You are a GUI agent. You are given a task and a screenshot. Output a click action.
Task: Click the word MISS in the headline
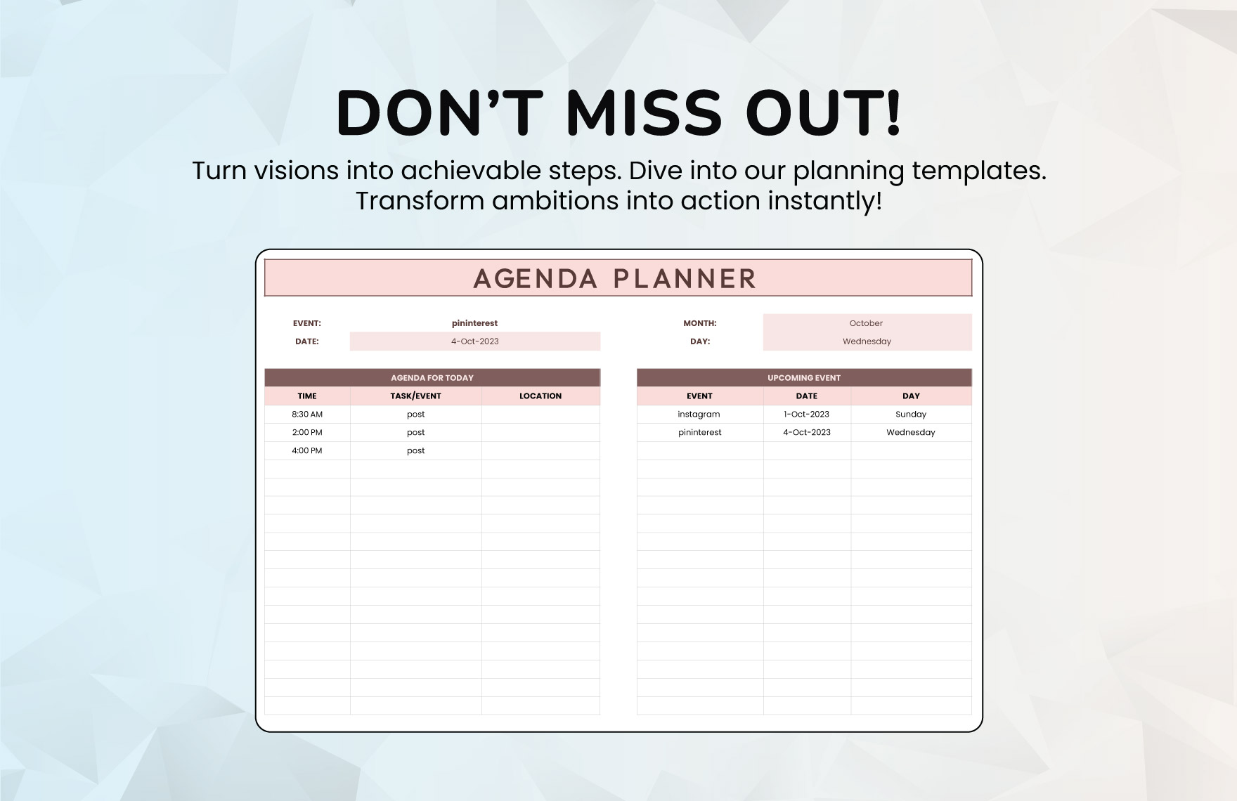coord(644,112)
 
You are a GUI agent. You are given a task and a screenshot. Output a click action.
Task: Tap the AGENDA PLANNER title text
coord(615,278)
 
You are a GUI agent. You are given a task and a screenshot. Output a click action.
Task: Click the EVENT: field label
coord(306,323)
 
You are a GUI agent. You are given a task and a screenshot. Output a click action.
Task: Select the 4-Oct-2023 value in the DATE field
coord(475,341)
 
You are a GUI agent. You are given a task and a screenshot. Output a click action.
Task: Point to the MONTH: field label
coord(700,323)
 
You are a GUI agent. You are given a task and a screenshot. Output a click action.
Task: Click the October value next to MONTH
coord(866,323)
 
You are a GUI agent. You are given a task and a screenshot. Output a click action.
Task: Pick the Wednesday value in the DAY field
coord(867,341)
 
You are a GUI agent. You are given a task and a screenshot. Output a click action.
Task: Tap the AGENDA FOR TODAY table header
coord(432,378)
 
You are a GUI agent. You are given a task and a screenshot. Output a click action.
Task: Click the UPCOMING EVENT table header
coord(804,378)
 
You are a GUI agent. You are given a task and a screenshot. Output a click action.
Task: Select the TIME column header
coord(307,396)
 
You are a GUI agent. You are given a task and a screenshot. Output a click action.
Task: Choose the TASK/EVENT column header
coord(415,396)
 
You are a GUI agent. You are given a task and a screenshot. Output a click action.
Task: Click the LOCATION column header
coord(540,396)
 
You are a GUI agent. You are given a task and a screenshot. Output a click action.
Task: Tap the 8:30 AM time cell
coord(307,415)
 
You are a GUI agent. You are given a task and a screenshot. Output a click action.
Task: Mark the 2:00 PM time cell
coord(307,433)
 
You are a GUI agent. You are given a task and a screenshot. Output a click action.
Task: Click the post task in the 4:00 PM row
coord(416,451)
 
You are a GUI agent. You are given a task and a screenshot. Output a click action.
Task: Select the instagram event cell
coord(699,415)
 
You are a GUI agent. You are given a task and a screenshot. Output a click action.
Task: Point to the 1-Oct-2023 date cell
coord(807,415)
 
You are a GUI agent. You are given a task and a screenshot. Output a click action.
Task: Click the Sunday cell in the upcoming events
coord(911,415)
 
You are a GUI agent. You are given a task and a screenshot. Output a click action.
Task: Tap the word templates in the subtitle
coord(979,171)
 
